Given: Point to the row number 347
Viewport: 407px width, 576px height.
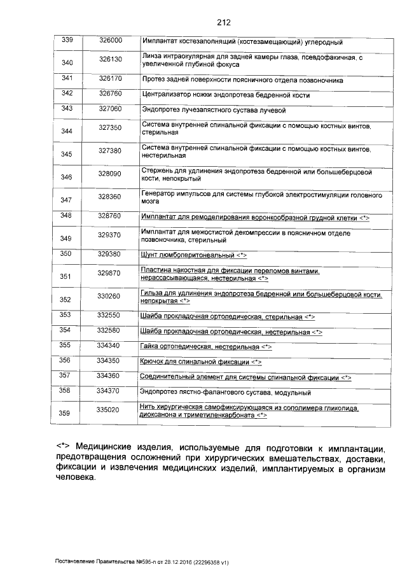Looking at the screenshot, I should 66,200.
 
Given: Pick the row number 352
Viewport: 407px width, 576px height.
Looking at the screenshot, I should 66,299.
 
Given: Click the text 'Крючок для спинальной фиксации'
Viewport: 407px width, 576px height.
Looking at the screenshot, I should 195,362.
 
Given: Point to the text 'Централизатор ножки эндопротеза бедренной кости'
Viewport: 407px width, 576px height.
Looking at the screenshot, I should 226,95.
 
